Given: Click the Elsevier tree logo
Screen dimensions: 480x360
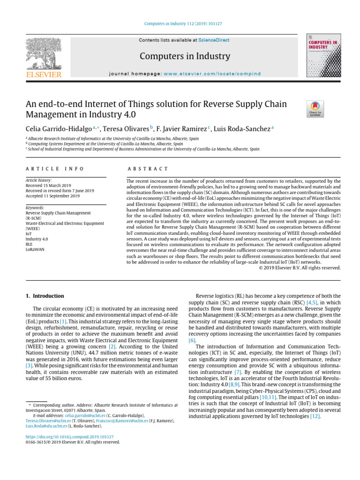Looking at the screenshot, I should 43,55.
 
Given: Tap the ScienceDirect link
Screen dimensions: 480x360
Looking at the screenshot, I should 214,40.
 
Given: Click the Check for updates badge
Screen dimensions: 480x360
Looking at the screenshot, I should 315,109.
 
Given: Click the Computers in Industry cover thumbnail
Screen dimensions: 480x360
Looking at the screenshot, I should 323,56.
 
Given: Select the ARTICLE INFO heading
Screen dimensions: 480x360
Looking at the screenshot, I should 55,169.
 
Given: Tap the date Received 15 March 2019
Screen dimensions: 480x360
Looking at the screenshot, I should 48,186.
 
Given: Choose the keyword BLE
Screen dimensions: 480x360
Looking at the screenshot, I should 29,244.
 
